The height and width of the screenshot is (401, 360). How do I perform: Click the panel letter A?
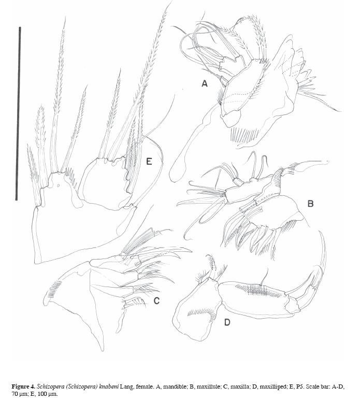pos(204,83)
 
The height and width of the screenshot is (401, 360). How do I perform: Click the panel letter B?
pos(310,204)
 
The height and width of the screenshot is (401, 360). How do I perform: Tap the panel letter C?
pos(156,300)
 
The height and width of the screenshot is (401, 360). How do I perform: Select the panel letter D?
pos(227,322)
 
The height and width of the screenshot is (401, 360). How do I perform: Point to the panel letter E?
pos(149,161)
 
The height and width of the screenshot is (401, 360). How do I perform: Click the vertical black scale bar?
pos(18,113)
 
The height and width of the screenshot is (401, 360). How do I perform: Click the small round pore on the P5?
pos(59,185)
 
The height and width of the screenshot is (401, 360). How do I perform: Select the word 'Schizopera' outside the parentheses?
pos(49,386)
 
